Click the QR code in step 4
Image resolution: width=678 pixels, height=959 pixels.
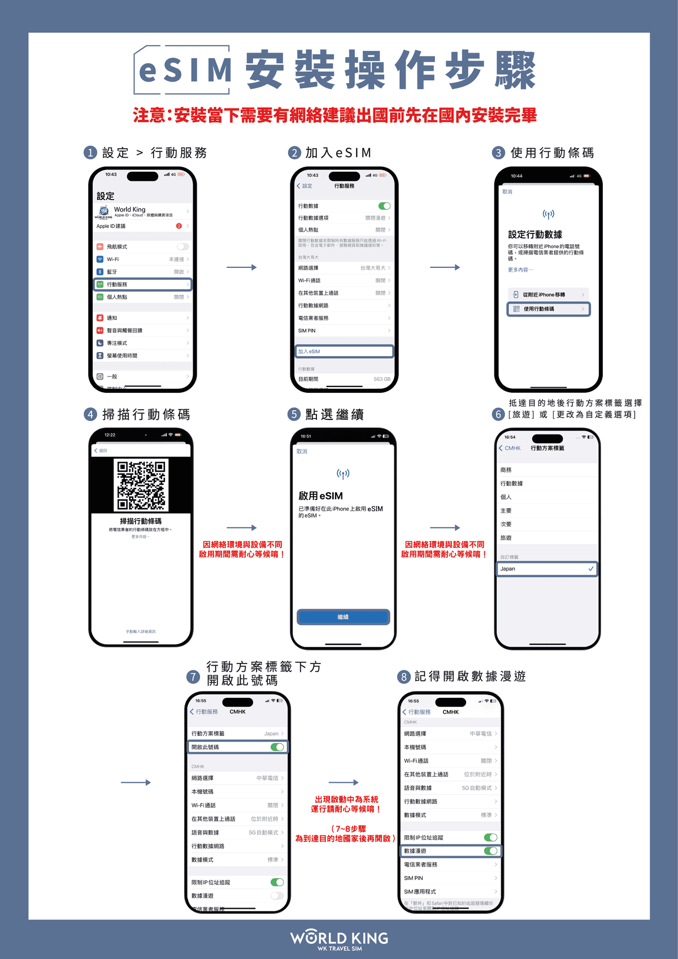[141, 485]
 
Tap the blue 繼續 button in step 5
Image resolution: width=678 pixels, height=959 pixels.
[343, 617]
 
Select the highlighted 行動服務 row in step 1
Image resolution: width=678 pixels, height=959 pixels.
[142, 284]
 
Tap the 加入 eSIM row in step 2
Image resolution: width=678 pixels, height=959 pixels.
[344, 352]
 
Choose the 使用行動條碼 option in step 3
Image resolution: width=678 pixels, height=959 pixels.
[548, 309]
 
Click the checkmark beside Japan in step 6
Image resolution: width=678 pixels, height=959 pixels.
[591, 569]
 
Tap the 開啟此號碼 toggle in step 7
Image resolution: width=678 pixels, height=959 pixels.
[277, 747]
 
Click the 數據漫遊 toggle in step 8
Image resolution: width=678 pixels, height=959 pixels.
[490, 851]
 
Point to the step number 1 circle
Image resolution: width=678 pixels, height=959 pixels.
[90, 153]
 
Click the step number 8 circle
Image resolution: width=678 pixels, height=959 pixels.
[403, 677]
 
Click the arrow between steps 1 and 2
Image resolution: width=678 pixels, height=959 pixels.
[242, 267]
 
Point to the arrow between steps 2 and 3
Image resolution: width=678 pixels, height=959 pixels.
[445, 267]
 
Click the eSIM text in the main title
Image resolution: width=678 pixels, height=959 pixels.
[185, 71]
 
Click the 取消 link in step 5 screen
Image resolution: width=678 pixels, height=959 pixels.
[302, 452]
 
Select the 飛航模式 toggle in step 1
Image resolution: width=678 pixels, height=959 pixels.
[182, 247]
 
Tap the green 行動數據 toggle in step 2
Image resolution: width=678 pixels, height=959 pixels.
[384, 206]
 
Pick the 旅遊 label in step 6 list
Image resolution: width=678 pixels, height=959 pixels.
[506, 538]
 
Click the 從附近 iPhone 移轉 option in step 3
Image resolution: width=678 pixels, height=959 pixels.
[548, 294]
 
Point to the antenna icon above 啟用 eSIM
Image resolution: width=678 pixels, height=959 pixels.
[343, 474]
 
